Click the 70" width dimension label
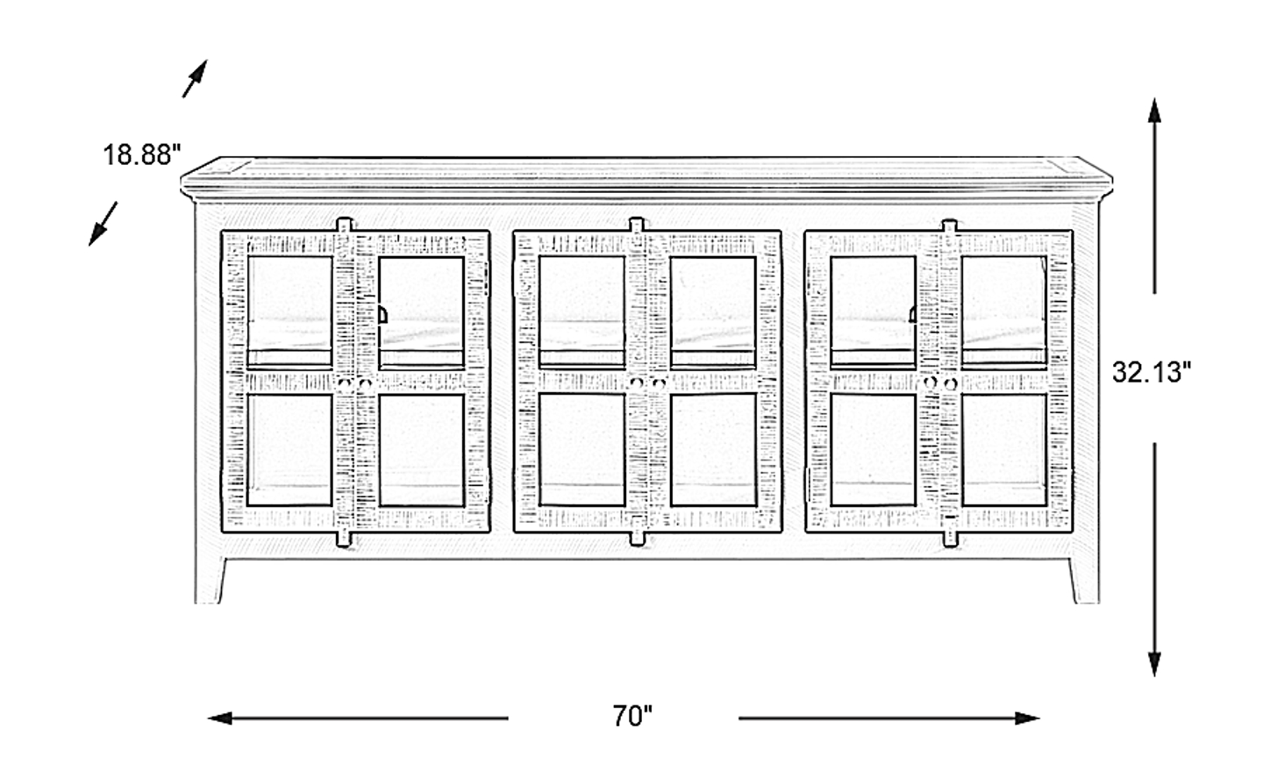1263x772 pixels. click(632, 716)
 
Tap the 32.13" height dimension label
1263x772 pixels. click(1152, 372)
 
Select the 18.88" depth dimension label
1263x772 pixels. click(141, 154)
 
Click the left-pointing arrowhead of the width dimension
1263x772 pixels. click(220, 718)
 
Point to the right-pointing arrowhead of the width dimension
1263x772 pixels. click(1027, 718)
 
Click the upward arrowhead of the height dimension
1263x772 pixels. click(1154, 111)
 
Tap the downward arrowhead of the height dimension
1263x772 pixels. click(1154, 664)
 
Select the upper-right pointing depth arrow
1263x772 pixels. click(195, 78)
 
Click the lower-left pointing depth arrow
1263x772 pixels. click(103, 224)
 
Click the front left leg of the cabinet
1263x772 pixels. click(210, 581)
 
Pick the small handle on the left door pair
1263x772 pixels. click(382, 315)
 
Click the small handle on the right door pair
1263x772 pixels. click(912, 315)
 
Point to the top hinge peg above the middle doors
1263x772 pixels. click(637, 225)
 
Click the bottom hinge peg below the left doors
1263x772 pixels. click(344, 540)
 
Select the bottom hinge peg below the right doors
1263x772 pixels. click(950, 540)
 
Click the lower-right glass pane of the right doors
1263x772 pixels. click(1004, 449)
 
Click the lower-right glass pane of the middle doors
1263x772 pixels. click(713, 449)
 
